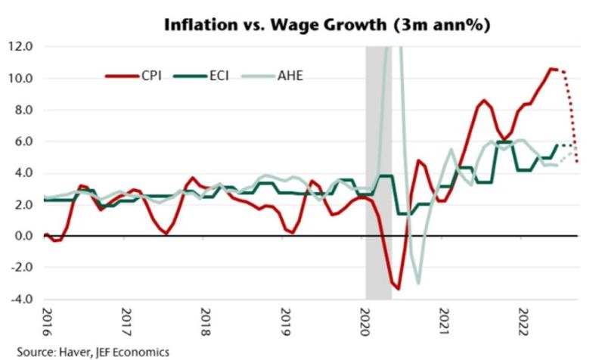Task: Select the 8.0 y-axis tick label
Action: (x=20, y=110)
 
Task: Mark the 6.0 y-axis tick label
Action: (x=20, y=141)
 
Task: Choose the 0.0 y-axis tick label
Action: (x=20, y=236)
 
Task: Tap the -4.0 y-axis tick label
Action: (x=19, y=299)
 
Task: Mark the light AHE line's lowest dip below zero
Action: (x=418, y=284)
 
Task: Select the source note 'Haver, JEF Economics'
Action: (x=85, y=352)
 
